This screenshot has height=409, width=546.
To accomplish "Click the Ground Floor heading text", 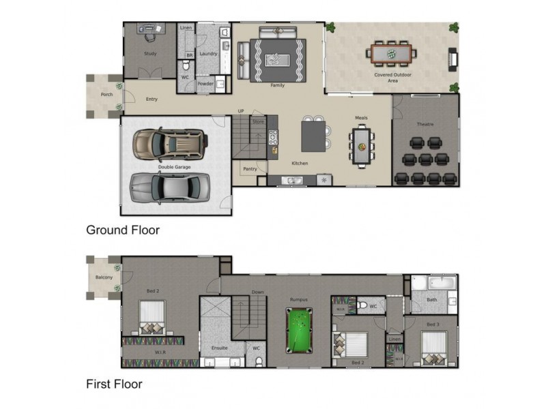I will point(122,230).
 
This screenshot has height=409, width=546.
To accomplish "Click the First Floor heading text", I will point(114,384).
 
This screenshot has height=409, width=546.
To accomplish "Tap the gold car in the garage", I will point(168,144).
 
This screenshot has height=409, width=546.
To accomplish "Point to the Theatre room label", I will point(425,124).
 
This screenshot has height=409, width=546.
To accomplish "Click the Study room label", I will point(151,53).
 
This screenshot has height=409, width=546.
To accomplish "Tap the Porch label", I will point(106,95).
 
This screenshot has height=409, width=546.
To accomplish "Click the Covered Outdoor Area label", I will point(392,77).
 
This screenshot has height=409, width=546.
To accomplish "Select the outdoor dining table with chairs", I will point(392,52).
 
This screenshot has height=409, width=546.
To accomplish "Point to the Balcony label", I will point(104,277).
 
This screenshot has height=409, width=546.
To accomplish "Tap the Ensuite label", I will point(219,348).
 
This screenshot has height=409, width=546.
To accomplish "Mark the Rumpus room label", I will point(299,299).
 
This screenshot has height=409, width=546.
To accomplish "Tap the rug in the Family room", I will point(277,60).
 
